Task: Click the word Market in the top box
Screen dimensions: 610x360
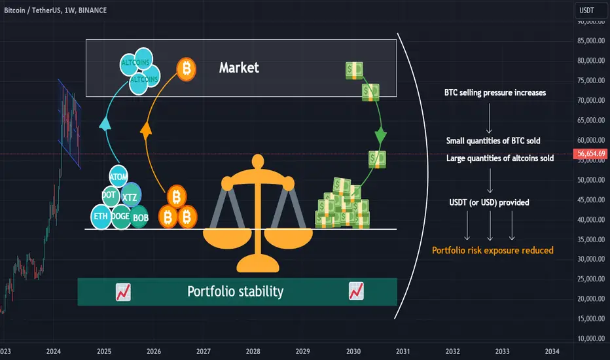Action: [x=239, y=67]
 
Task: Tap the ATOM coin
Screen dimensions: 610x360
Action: [x=118, y=177]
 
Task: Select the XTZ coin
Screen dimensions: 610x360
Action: [x=130, y=196]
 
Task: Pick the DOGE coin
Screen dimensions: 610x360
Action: [x=120, y=216]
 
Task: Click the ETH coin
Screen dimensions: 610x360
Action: [x=101, y=217]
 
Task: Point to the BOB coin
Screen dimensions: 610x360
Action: [x=140, y=217]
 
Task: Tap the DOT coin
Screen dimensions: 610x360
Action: [x=109, y=195]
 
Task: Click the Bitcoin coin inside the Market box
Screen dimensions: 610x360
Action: [x=187, y=69]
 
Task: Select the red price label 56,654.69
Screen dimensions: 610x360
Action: [x=590, y=154]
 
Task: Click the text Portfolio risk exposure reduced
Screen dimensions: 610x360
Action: [x=493, y=250]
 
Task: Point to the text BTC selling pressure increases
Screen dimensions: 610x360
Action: [x=495, y=93]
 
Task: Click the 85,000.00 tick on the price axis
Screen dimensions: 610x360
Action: [x=591, y=41]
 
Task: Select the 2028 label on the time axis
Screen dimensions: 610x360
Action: [x=253, y=351]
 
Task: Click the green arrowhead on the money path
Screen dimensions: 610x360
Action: [x=380, y=136]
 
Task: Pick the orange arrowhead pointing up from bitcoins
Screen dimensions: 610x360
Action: [x=146, y=130]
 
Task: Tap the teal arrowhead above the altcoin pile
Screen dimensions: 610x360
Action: [x=105, y=124]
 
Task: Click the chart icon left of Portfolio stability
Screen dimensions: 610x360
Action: [x=123, y=292]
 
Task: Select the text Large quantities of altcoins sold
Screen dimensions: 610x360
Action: [x=500, y=158]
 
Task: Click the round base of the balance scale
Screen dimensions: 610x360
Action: [x=258, y=264]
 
